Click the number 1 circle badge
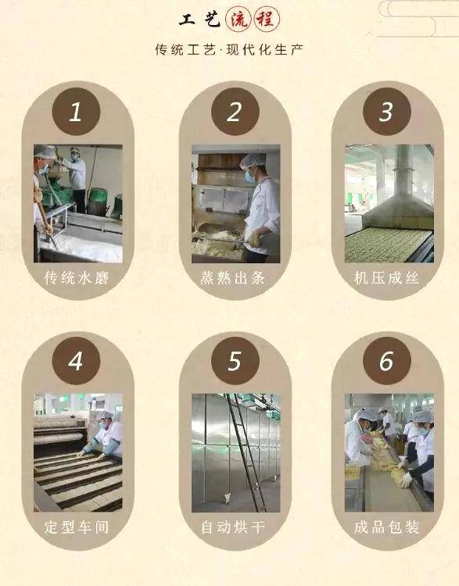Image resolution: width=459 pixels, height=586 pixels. coord(76,111)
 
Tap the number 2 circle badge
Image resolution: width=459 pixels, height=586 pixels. coord(235,111)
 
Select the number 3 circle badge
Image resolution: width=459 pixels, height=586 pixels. coord(387,111)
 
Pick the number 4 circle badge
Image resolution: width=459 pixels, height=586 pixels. coord(76,361)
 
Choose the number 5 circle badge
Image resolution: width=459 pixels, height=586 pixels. coord(235,361)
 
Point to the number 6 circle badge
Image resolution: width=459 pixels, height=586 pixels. coord(387,361)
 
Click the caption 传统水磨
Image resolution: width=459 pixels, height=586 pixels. coord(77,277)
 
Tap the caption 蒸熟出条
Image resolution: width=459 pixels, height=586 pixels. coord(233,277)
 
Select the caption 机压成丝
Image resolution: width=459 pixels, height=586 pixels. coord(386,277)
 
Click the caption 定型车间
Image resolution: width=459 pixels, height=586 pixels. coord(77,527)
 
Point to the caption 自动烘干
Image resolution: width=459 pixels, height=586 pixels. coord(233,527)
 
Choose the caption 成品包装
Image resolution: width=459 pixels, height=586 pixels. coord(386,527)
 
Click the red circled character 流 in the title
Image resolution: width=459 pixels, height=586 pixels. coord(238,19)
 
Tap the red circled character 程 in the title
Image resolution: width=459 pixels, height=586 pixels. coord(267,19)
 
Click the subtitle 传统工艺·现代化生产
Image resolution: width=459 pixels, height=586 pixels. coord(229,49)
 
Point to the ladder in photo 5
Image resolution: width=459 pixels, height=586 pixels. coord(246,452)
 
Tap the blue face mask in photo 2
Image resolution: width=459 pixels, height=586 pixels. coord(249,177)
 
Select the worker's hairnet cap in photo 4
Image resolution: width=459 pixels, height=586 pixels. coord(105,415)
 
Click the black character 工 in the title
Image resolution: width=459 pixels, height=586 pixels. coord(187,20)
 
